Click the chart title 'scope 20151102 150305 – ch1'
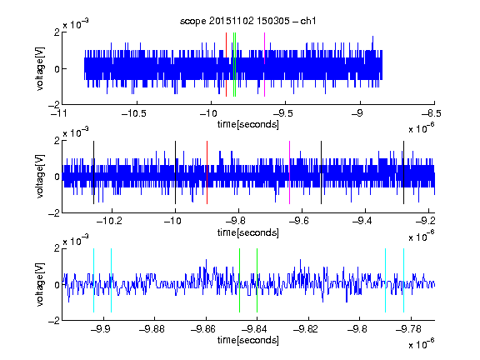tap(247, 21)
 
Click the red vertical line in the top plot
tap(226, 65)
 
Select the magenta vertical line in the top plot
tap(264, 65)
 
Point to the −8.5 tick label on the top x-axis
tap(431, 113)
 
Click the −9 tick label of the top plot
tap(357, 113)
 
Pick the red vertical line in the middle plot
tap(207, 172)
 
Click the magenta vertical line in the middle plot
tap(290, 172)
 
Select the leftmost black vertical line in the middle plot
tap(93, 172)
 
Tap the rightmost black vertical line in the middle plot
tap(404, 172)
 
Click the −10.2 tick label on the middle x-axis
tap(109, 221)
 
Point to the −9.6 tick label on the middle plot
tap(298, 221)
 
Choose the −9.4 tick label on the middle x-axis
tap(362, 221)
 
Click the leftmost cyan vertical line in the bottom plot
tap(93, 280)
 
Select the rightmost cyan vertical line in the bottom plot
tap(404, 280)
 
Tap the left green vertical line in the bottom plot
tap(240, 280)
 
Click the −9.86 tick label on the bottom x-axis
tap(203, 329)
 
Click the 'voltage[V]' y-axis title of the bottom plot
tap(40, 285)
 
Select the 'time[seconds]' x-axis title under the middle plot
tap(248, 232)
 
